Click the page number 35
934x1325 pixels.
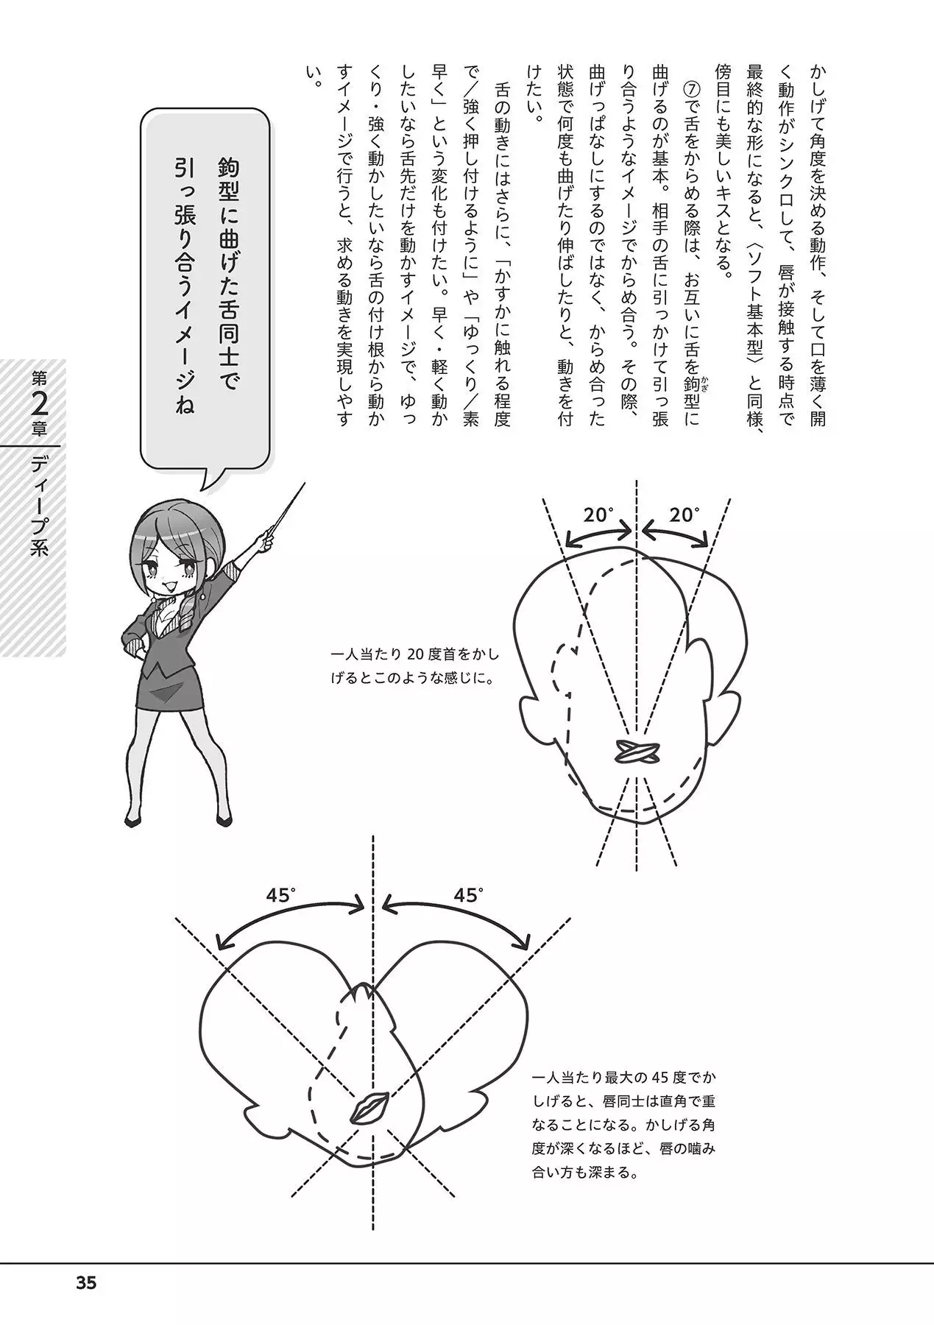click(x=86, y=1283)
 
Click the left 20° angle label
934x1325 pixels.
click(x=599, y=515)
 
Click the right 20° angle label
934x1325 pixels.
click(x=684, y=515)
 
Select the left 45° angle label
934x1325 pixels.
click(x=280, y=896)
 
